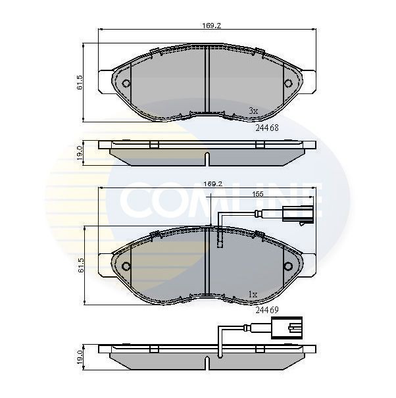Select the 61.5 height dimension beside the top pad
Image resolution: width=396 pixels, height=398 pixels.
point(80,82)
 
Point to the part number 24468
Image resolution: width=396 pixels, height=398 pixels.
point(268,128)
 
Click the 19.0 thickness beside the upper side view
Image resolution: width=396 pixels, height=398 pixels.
point(80,153)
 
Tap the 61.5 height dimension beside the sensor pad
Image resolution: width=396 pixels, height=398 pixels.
point(80,265)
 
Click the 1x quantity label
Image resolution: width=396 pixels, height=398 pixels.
point(253,293)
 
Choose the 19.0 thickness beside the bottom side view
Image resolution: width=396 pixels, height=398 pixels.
point(80,357)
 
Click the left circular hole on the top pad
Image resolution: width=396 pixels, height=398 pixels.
point(126,84)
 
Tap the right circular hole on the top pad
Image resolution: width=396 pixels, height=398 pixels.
point(288,84)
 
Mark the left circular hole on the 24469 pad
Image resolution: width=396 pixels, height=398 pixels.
point(126,266)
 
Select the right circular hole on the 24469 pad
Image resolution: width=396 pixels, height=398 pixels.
point(288,266)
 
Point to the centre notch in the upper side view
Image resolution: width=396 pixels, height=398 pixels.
point(207,159)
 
